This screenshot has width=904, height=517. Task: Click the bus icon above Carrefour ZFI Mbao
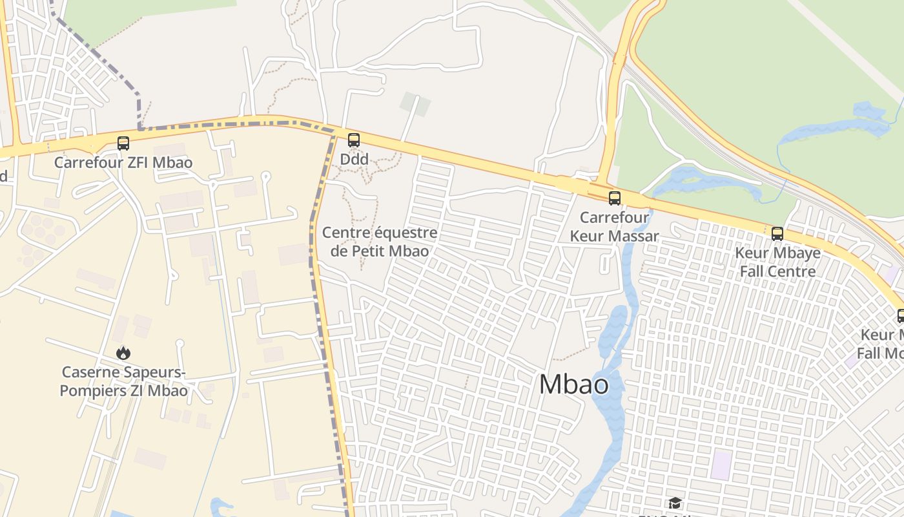(123, 143)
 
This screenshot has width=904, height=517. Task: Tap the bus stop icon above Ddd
(353, 140)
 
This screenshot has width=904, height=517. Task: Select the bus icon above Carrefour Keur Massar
(614, 198)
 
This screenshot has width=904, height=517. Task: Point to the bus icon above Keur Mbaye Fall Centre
(777, 234)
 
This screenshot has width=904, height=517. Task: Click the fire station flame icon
(123, 353)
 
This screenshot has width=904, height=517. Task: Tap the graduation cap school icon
(675, 503)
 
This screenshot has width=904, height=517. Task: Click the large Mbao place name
(573, 385)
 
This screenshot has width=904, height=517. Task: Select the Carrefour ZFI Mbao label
(123, 162)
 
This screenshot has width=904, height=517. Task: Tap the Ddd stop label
(354, 159)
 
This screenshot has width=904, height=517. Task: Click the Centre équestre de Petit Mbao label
(380, 242)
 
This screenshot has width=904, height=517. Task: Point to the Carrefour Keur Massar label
(614, 227)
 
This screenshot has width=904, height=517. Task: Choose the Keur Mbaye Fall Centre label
(777, 262)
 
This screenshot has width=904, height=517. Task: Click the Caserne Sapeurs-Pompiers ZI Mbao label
(123, 381)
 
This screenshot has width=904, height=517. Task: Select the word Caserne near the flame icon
(91, 372)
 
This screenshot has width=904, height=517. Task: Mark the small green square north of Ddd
(415, 104)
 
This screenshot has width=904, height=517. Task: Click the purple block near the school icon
(721, 465)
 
